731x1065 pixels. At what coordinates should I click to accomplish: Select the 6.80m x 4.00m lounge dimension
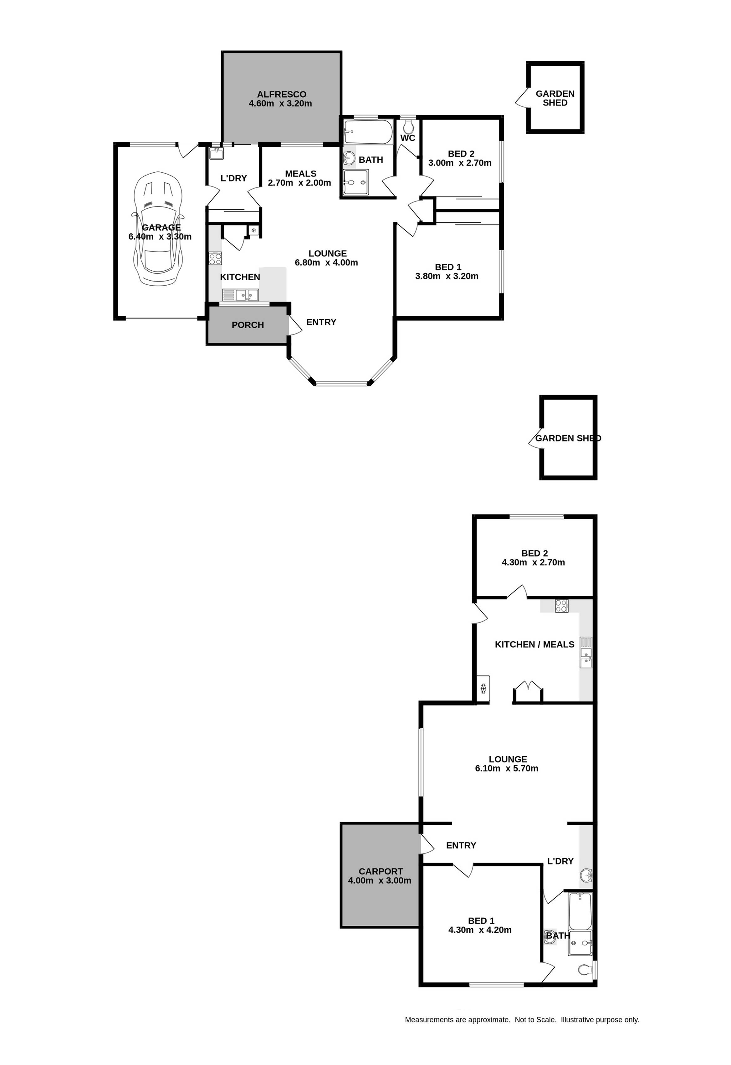point(326,263)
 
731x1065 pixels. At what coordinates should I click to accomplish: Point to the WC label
point(407,138)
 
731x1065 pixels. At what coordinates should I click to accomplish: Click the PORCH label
point(248,325)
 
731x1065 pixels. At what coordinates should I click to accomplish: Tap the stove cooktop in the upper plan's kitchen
point(215,258)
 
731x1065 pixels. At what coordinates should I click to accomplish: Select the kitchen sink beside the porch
point(241,295)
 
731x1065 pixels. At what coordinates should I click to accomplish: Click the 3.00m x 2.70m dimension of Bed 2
point(460,163)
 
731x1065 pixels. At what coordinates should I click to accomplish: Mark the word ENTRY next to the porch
point(321,322)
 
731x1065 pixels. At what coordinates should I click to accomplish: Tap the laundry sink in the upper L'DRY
point(216,153)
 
